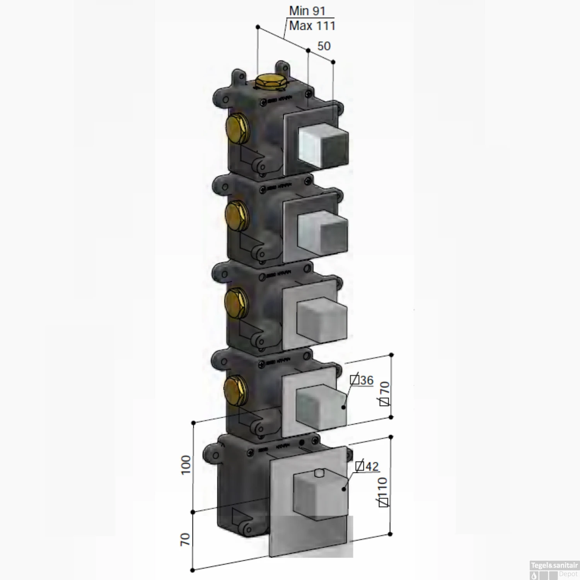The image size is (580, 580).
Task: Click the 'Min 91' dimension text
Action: click(x=307, y=11)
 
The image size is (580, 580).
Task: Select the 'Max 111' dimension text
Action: click(x=312, y=26)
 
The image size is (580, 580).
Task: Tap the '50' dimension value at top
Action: click(x=324, y=46)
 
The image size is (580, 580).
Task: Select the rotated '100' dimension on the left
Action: click(x=186, y=465)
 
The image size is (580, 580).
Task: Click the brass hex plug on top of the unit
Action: click(x=265, y=83)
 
